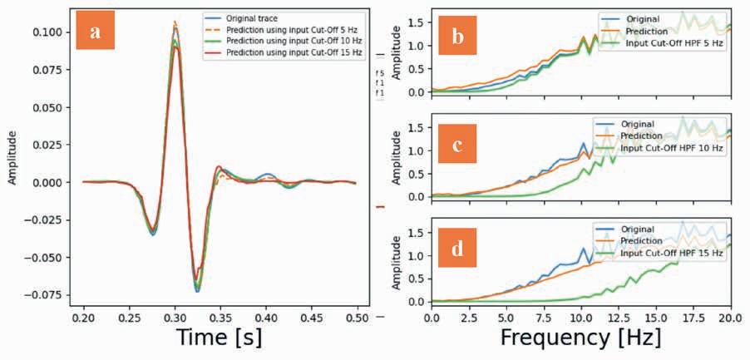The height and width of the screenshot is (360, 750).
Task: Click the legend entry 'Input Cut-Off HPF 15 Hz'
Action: [674, 252]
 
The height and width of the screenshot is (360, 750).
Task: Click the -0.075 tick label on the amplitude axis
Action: [50, 294]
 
